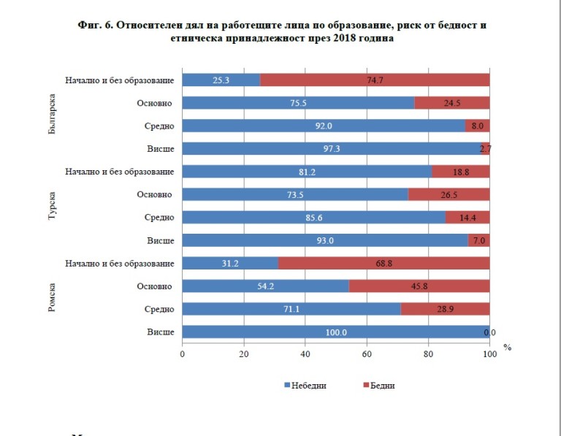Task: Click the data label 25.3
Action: coord(221,80)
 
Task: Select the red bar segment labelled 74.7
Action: coord(374,80)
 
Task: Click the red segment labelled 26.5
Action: coord(449,195)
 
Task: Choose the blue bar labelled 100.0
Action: coord(335,332)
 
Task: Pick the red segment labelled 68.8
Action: coord(383,263)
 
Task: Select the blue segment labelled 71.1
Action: coord(291,310)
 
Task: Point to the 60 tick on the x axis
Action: coord(367,354)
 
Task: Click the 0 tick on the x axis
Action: coord(183,354)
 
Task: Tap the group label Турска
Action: coord(52,207)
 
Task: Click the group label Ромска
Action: coord(52,297)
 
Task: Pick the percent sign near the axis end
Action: coord(507,348)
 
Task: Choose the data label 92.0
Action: coord(324,126)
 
